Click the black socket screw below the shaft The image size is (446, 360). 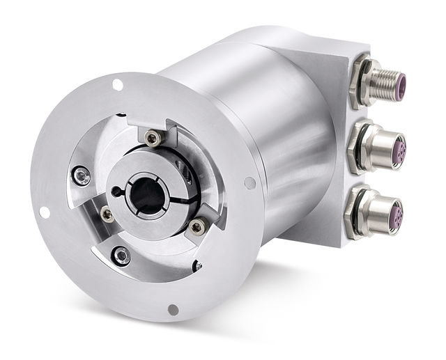pos(122,256)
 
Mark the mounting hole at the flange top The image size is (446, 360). pos(118,84)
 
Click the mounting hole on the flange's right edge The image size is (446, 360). pos(249,183)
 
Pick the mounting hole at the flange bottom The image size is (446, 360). pos(173,309)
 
